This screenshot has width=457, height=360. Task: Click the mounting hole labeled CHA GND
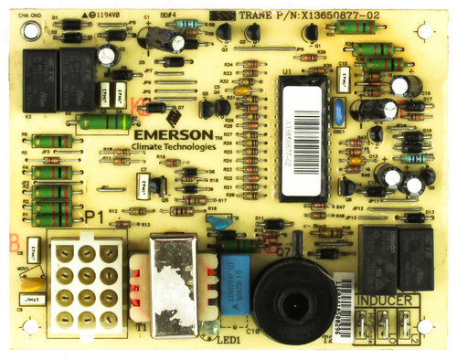[x=30, y=30]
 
